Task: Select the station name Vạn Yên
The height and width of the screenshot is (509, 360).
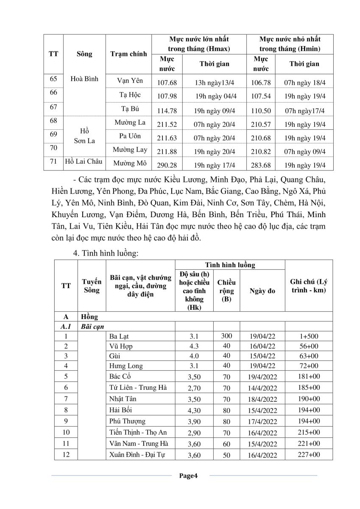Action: (x=130, y=81)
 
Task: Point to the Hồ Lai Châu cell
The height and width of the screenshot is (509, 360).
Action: (x=84, y=161)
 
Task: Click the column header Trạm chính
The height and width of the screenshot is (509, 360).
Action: (x=128, y=54)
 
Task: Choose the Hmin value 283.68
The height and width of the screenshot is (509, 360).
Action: (x=261, y=165)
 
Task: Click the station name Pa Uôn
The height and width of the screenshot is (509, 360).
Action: (x=130, y=136)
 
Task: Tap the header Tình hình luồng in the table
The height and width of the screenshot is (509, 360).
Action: (x=230, y=265)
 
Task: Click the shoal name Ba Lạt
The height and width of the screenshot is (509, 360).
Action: (x=119, y=337)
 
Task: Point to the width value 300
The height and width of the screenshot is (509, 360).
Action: (x=226, y=336)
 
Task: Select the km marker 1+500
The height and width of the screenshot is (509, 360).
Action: (x=308, y=337)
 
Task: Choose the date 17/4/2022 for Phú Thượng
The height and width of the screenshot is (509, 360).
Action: (x=263, y=422)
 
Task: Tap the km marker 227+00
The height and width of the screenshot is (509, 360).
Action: (x=308, y=455)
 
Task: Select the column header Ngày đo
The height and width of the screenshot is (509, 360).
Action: (x=262, y=291)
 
